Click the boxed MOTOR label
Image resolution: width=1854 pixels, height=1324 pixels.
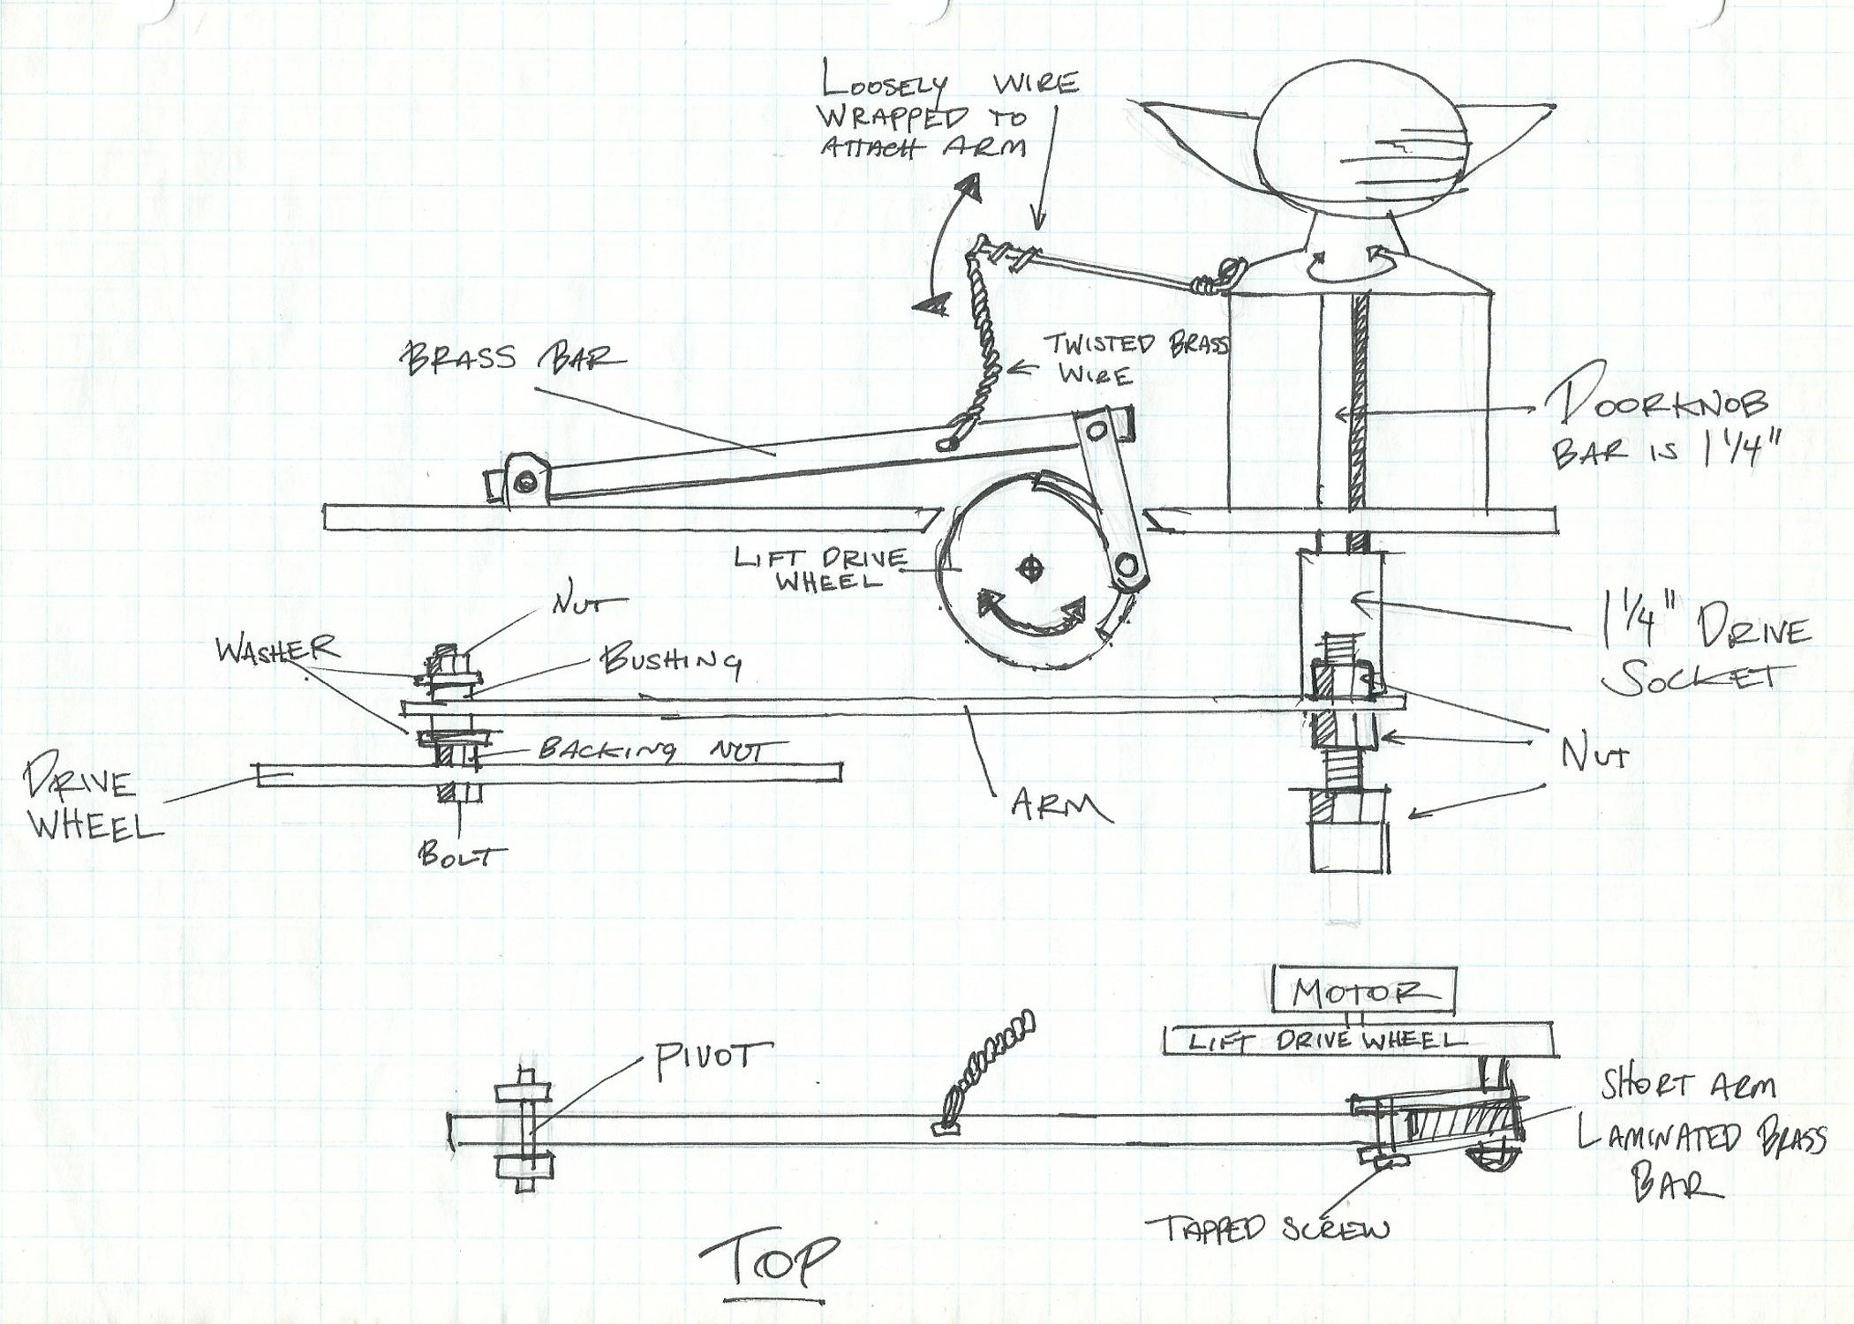1360,992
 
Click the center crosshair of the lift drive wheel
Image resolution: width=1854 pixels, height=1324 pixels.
1028,569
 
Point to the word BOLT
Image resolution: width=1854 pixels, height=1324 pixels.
462,855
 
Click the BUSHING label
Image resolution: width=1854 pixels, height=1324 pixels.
670,661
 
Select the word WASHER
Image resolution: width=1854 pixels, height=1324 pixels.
276,650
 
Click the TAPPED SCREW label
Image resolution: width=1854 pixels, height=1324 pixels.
1267,1228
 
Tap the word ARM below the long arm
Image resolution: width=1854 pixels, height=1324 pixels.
1060,805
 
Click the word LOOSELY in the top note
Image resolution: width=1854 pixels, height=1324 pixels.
883,82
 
